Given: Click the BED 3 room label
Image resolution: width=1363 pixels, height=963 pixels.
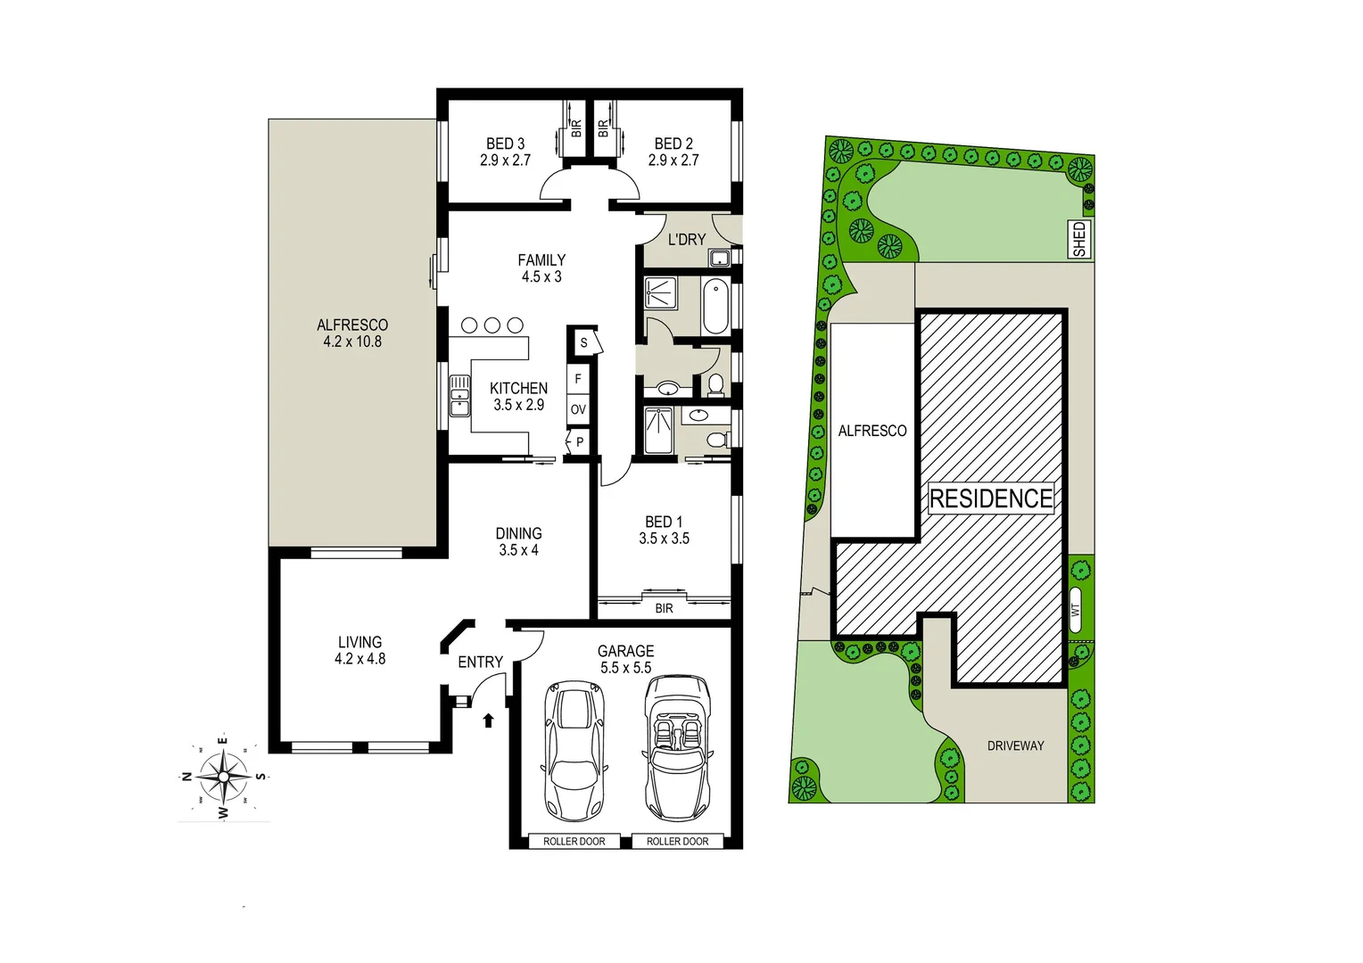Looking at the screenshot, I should pyautogui.click(x=505, y=152).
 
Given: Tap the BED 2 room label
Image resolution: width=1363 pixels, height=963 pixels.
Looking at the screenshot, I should pyautogui.click(x=673, y=152).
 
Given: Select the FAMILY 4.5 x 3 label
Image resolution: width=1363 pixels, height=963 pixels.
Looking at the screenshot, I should pyautogui.click(x=541, y=268).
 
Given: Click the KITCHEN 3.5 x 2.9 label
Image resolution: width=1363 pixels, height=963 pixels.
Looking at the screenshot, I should pyautogui.click(x=518, y=396).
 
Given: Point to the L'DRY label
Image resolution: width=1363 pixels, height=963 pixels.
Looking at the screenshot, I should pyautogui.click(x=686, y=239).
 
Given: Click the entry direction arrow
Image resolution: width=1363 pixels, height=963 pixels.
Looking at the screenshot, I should pyautogui.click(x=488, y=720).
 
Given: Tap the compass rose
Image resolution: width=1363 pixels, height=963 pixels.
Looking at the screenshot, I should pyautogui.click(x=224, y=777).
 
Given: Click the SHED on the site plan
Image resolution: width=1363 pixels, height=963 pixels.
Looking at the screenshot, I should pyautogui.click(x=1079, y=239).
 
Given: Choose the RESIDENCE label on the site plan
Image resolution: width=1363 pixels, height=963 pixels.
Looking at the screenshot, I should pyautogui.click(x=991, y=498).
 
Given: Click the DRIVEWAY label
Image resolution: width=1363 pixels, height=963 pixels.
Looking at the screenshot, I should pyautogui.click(x=1015, y=745).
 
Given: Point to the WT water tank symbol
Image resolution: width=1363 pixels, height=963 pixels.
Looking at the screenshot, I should pyautogui.click(x=1075, y=610).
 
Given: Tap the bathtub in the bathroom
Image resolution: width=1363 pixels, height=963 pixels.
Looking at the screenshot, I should pyautogui.click(x=715, y=306).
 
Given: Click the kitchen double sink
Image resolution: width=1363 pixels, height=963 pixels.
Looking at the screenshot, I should pyautogui.click(x=459, y=395).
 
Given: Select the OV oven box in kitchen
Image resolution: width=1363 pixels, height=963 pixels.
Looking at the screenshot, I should pyautogui.click(x=578, y=409).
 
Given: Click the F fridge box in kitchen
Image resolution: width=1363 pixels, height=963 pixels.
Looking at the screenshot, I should pyautogui.click(x=578, y=379).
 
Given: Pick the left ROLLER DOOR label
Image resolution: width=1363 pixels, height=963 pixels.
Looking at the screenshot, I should pyautogui.click(x=574, y=841).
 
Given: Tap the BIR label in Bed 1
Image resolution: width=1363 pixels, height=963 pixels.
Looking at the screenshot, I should pyautogui.click(x=664, y=608).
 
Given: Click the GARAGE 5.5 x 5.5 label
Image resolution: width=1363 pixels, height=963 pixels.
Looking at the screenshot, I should pyautogui.click(x=625, y=659).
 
